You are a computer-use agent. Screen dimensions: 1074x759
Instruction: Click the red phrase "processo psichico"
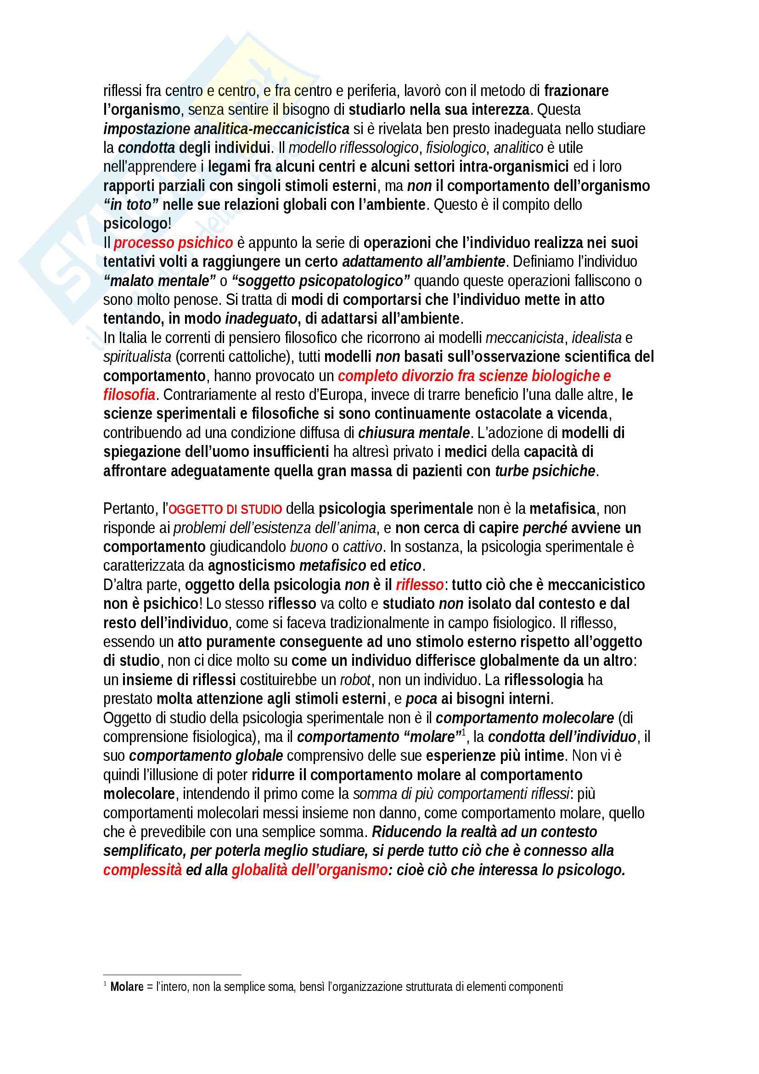[174, 243]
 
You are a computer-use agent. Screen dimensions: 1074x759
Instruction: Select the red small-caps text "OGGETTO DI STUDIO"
[225, 509]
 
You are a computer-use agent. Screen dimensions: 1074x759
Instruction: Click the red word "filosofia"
[129, 395]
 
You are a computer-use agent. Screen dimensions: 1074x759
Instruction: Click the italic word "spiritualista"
[137, 357]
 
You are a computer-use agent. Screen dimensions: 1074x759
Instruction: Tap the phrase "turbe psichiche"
[545, 471]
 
